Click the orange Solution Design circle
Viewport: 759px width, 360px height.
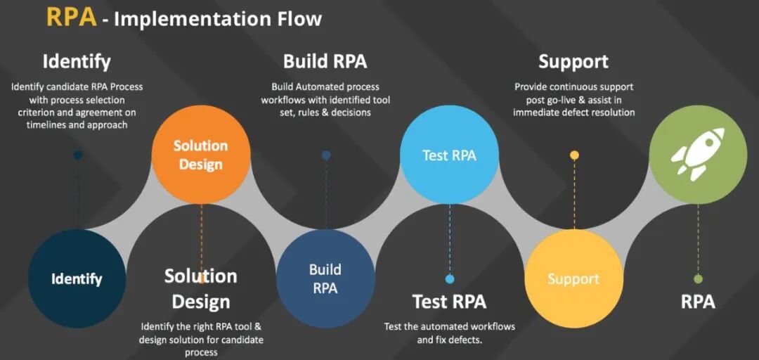point(201,155)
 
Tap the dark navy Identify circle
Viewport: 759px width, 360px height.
point(77,278)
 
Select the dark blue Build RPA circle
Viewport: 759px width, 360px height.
point(325,278)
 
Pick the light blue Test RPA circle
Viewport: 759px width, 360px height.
point(449,155)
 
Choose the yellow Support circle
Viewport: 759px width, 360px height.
point(573,278)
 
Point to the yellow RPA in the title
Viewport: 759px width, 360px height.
point(71,17)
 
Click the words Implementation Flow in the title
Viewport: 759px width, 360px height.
point(218,19)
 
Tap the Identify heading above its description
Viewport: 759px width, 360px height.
point(77,61)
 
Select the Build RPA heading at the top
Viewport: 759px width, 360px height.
point(325,61)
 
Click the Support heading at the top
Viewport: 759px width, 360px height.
point(573,61)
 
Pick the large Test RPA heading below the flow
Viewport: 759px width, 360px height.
point(449,302)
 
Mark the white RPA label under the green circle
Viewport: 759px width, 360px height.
point(698,302)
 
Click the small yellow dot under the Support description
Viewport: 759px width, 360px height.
point(574,155)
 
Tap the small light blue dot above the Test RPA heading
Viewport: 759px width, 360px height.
point(450,279)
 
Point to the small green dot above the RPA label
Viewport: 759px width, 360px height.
point(698,279)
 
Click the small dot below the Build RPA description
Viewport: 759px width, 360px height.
point(326,155)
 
